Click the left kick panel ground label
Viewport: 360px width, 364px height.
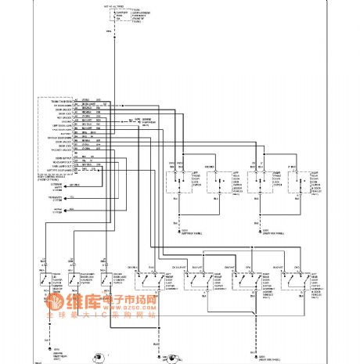click(x=188, y=231)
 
